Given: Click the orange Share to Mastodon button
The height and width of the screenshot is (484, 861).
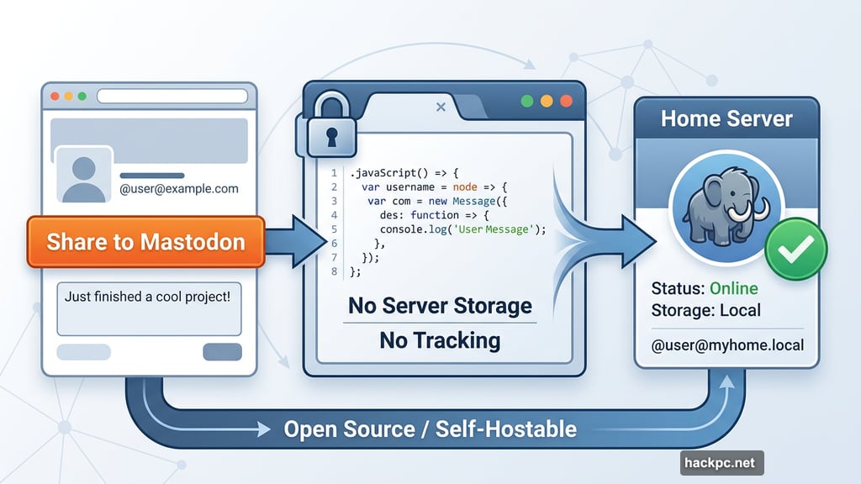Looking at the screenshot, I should click(x=145, y=242).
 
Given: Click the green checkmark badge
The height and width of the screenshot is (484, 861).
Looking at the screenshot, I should click(x=795, y=250).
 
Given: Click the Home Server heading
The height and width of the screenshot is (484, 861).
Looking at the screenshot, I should click(x=726, y=118).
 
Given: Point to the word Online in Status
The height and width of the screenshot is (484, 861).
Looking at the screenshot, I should click(x=733, y=288).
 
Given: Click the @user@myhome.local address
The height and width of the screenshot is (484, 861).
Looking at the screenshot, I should click(x=727, y=345).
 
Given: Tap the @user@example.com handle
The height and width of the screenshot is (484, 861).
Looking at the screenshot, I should click(x=178, y=189).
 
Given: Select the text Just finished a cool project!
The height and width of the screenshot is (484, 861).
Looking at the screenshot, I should click(x=148, y=297).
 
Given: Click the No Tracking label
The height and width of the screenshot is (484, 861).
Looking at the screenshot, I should click(x=440, y=340).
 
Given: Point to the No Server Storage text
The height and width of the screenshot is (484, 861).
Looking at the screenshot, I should click(x=440, y=305).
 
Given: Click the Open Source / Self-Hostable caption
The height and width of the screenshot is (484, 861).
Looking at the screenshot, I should click(x=430, y=429).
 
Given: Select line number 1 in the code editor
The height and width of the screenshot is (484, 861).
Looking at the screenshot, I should click(x=334, y=173).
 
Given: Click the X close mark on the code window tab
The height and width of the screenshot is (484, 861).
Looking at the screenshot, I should click(x=440, y=107).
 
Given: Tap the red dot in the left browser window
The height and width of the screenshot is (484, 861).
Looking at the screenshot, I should click(x=55, y=96).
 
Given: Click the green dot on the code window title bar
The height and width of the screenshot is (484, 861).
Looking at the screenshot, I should click(x=527, y=101).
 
